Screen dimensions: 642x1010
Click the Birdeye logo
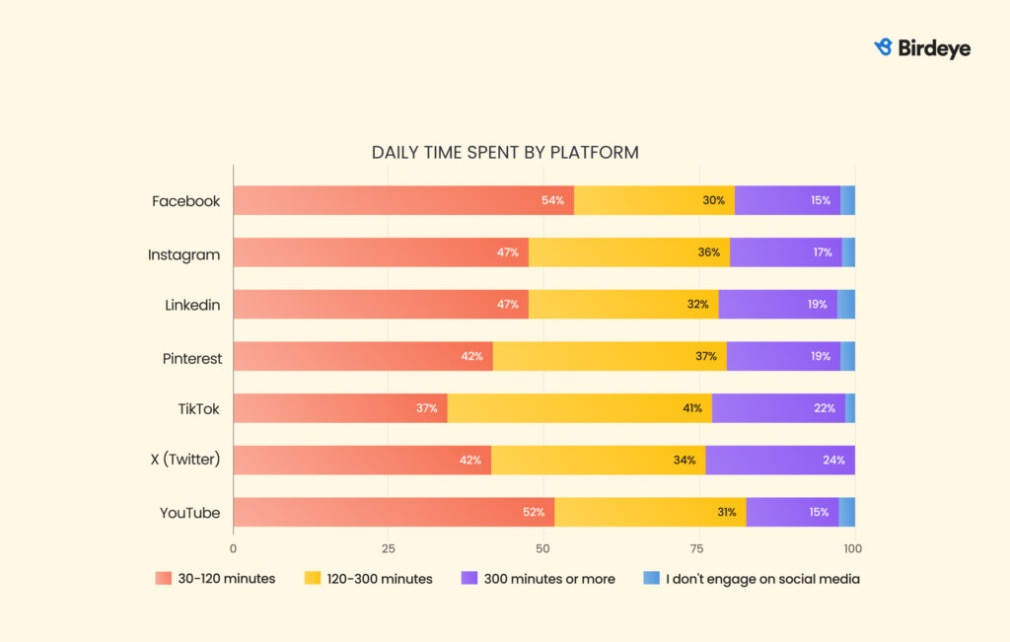(x=922, y=47)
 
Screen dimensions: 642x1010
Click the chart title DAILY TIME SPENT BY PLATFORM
(x=505, y=153)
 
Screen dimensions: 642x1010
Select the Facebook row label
(x=185, y=201)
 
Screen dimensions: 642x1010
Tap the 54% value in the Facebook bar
(x=552, y=201)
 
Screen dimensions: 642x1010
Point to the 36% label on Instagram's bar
(x=708, y=252)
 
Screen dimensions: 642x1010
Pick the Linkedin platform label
(x=192, y=305)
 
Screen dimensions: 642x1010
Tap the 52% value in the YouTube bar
(x=533, y=513)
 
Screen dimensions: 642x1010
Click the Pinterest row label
(x=191, y=358)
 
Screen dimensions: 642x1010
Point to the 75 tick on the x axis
(x=698, y=548)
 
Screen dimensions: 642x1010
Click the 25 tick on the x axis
(x=389, y=548)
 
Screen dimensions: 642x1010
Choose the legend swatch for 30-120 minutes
(x=163, y=579)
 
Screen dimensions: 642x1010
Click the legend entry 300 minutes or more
(x=549, y=579)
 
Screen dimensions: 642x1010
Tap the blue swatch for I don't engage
(x=651, y=579)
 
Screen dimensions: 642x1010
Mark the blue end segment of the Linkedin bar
(x=846, y=305)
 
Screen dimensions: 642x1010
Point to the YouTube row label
(x=189, y=513)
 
